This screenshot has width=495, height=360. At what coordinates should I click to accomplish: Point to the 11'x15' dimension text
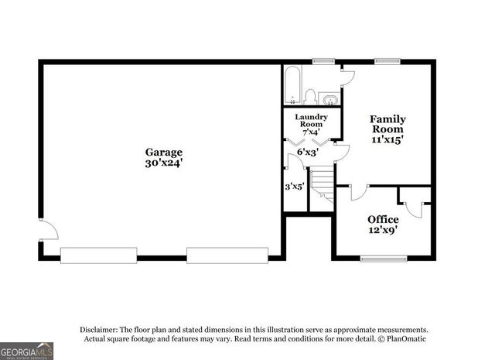387,140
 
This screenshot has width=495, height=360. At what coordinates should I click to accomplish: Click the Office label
383,219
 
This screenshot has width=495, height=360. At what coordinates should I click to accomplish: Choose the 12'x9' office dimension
383,231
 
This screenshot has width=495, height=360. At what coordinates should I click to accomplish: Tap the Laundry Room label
312,121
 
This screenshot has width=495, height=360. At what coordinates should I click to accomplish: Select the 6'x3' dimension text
308,152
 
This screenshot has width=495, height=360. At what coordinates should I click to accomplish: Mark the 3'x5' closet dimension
294,186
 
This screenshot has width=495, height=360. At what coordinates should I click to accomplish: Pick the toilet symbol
310,96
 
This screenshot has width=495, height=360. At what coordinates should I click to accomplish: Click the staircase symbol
322,190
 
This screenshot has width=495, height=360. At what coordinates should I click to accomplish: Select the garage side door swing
47,230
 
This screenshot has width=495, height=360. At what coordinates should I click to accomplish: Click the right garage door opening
227,254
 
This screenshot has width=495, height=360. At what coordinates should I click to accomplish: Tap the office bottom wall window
384,258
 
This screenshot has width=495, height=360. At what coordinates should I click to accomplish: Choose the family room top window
386,60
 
